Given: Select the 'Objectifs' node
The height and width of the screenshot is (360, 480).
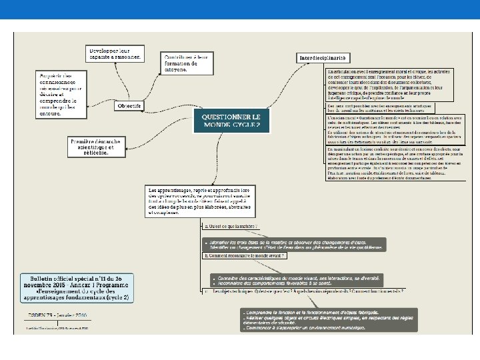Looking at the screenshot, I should tap(129, 105).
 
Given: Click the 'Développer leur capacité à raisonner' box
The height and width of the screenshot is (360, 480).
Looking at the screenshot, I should tap(115, 53).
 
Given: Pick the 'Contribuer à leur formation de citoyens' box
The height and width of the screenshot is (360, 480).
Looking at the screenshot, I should tap(186, 63).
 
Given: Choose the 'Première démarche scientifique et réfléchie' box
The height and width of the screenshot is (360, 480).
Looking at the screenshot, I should tap(96, 147).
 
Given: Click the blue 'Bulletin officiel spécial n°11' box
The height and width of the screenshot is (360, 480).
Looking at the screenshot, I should tap(76, 287).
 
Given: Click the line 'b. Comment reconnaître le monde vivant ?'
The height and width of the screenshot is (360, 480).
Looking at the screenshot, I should tap(245, 255).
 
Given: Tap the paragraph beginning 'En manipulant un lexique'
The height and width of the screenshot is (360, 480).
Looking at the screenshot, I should tap(388, 163).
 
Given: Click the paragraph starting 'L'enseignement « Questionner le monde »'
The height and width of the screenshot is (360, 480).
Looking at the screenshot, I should tap(388, 127).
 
